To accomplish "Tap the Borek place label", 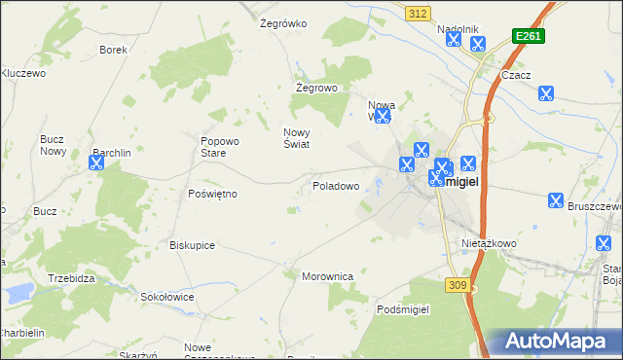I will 114,49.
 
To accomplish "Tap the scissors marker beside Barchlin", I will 95,162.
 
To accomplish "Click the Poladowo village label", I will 336,185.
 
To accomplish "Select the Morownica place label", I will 327,276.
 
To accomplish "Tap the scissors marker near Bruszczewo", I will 555,200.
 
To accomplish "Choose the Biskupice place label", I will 192,245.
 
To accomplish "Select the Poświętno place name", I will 212,194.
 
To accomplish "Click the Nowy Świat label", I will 296,138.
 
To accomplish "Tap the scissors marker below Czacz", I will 546,93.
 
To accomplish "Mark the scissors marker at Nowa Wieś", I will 383,116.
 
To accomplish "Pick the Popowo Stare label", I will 213,146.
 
